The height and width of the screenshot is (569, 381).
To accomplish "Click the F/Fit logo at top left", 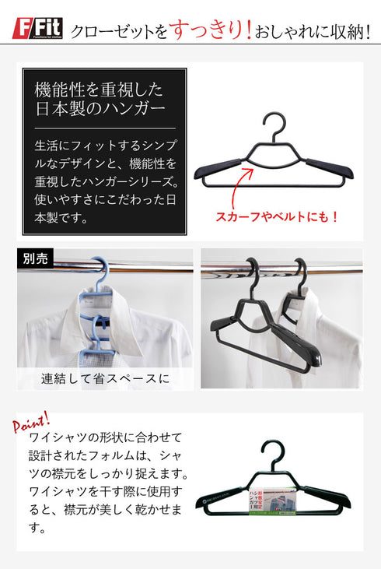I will (x=38, y=30).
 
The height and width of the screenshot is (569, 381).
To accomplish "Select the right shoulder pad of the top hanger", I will (x=330, y=166).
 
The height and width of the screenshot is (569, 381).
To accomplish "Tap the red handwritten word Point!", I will (x=30, y=424).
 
